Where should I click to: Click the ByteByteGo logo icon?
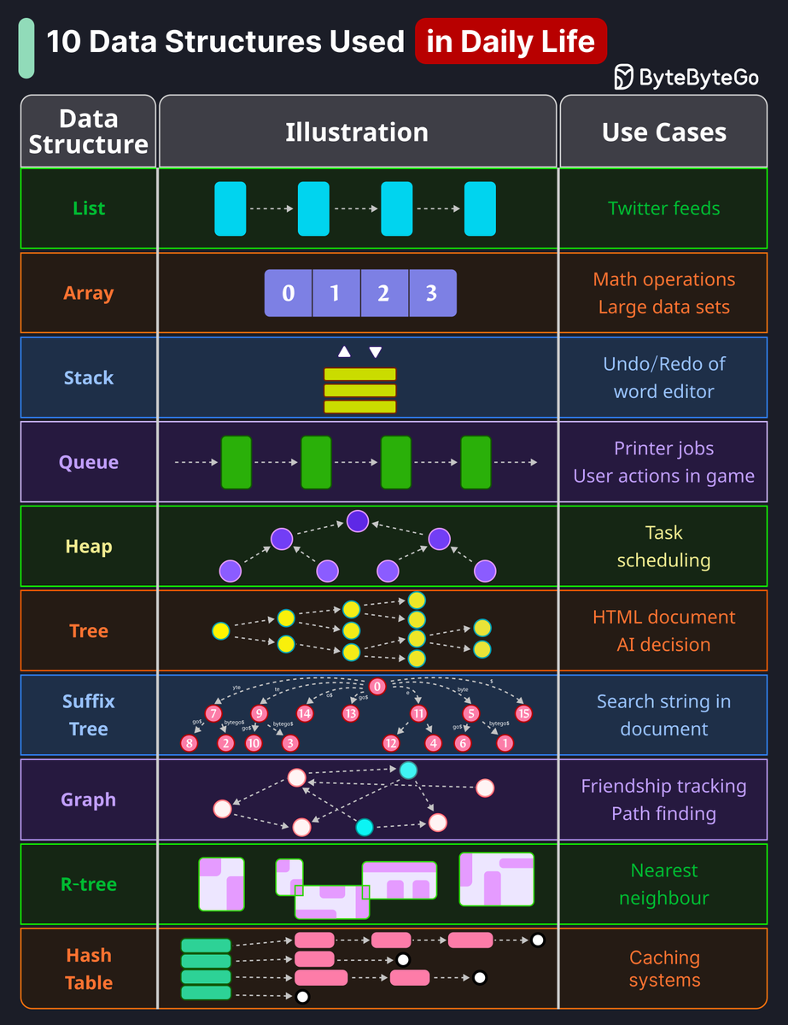click(625, 77)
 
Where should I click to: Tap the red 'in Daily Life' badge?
click(511, 41)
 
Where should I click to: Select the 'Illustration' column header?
click(357, 132)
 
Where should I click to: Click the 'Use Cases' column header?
click(663, 132)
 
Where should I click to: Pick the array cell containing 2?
click(384, 294)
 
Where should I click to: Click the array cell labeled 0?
click(289, 294)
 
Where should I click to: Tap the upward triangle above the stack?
click(344, 352)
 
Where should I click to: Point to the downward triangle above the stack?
click(375, 352)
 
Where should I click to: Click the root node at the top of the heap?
click(358, 521)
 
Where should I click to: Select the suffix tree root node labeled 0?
click(378, 687)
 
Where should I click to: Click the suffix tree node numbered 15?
click(524, 713)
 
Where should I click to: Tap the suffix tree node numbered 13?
click(351, 713)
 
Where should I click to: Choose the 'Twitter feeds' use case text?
click(663, 208)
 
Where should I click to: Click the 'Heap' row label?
click(89, 547)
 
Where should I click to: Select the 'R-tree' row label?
click(89, 884)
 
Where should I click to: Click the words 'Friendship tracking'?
click(663, 786)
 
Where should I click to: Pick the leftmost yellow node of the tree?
click(221, 631)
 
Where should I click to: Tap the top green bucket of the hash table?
click(206, 946)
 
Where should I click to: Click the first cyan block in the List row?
click(230, 208)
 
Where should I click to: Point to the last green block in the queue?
click(476, 462)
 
